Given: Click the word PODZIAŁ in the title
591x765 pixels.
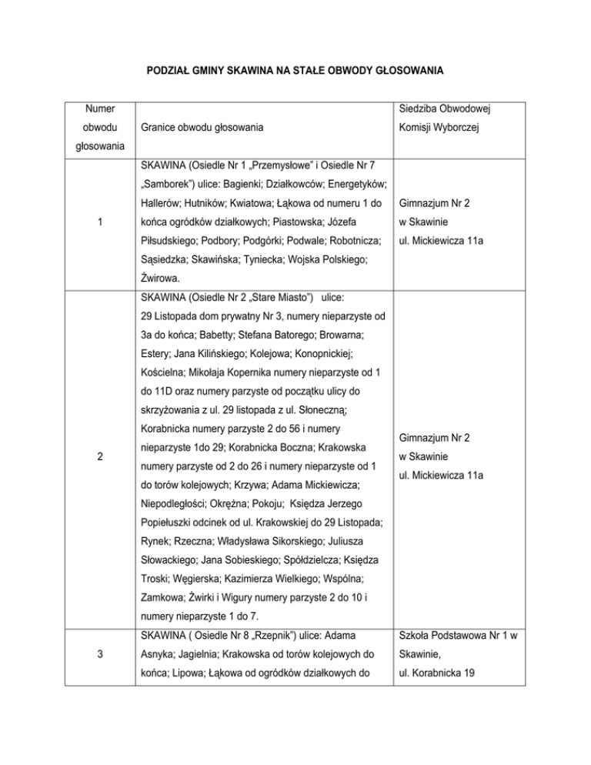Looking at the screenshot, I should tap(171, 72).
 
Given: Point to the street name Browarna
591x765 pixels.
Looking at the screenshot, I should tap(339, 336).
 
